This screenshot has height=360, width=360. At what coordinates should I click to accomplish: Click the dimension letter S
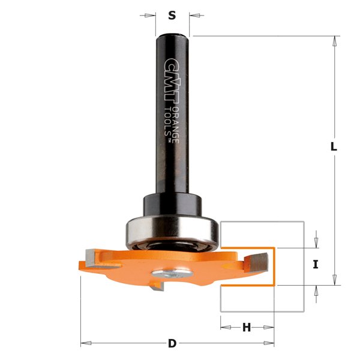[x=172, y=16]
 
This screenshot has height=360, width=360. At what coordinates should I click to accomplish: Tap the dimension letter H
[x=247, y=328]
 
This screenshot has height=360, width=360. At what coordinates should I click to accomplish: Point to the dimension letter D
[x=172, y=344]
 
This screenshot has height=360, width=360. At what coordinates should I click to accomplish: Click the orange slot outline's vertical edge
[x=274, y=265]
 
